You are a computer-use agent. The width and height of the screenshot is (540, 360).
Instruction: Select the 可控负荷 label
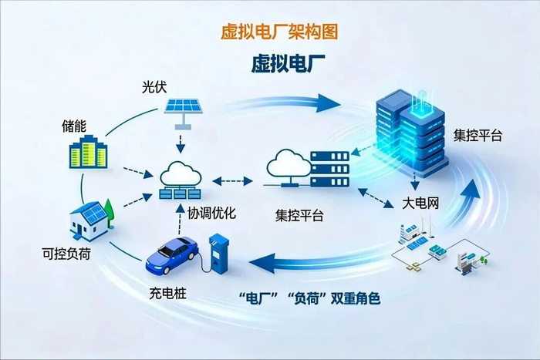66,252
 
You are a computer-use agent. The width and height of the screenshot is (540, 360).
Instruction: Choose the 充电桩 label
167,293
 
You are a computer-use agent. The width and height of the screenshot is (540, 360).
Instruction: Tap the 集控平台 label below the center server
299,216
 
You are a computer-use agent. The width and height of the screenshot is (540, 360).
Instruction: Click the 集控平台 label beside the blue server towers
478,136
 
